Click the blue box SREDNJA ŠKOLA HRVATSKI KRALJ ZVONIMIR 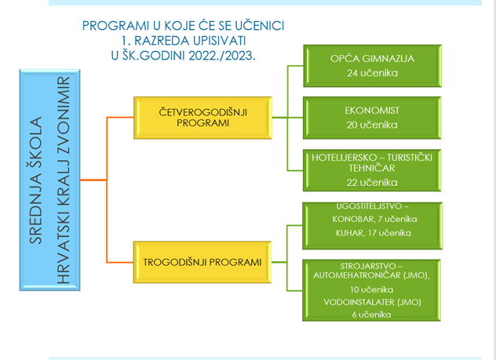click(49, 180)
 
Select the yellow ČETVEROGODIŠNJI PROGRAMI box click(202, 118)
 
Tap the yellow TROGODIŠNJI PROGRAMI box click(202, 262)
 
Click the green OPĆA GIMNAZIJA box click(372, 66)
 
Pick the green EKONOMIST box click(372, 118)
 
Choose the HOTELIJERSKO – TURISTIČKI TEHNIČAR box click(372, 170)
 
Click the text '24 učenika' click(372, 73)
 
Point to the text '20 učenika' click(372, 125)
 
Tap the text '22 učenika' click(372, 183)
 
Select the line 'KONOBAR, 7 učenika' click(374, 219)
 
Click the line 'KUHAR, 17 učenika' click(374, 233)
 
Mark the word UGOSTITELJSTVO click(369, 206)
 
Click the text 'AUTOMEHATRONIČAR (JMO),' click(372, 275)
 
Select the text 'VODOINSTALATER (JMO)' click(372, 302)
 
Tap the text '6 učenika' click(371, 315)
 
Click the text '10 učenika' click(372, 289)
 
